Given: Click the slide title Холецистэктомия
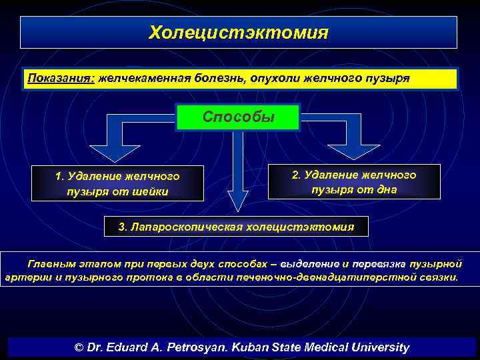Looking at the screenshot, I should coord(238,32).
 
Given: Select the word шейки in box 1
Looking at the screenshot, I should coord(152,191).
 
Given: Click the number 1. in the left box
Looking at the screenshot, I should coord(60,177).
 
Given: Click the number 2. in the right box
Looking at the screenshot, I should coord(296,175).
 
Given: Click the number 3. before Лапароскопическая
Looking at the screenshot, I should coord(123,227).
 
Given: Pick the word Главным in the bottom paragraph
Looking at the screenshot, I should coord(49,264).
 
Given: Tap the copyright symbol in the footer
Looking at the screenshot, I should coord(79,347).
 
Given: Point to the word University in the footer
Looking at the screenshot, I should coord(380,347).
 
